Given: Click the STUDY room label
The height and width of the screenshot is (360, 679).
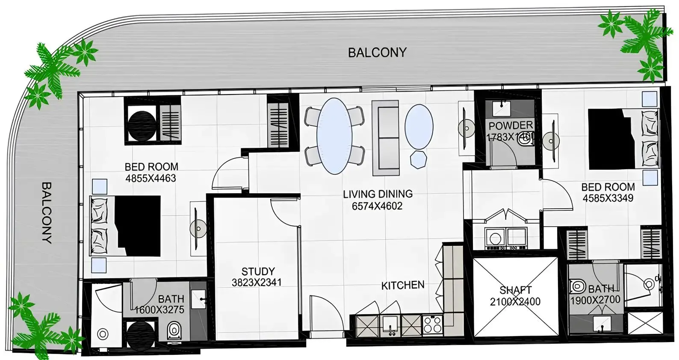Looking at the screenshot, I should click(x=258, y=271).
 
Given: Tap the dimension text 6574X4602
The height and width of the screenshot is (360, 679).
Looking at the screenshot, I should click(x=377, y=206).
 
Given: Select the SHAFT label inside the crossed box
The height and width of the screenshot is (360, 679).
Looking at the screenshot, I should click(x=515, y=290).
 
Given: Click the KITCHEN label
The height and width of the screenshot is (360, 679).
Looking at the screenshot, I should click(x=403, y=285).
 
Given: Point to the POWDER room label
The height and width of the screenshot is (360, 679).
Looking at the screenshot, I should click(x=511, y=126).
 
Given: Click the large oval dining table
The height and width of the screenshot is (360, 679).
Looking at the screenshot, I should click(x=334, y=136).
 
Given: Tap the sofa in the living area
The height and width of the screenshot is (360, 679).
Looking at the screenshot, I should click(x=385, y=138).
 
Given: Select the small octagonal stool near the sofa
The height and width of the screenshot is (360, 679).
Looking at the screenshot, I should click(x=418, y=159).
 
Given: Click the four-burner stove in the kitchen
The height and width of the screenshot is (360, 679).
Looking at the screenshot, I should click(x=432, y=325).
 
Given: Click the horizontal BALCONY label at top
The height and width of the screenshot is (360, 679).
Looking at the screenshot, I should click(x=377, y=53).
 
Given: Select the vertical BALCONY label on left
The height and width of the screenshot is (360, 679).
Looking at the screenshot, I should click(x=47, y=212).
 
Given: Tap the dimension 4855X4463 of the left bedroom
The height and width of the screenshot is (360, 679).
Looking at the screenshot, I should click(x=151, y=178).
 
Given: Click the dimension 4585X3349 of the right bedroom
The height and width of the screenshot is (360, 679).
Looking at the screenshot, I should click(x=608, y=198).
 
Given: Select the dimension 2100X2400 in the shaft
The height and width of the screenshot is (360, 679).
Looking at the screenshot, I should click(x=515, y=302).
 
